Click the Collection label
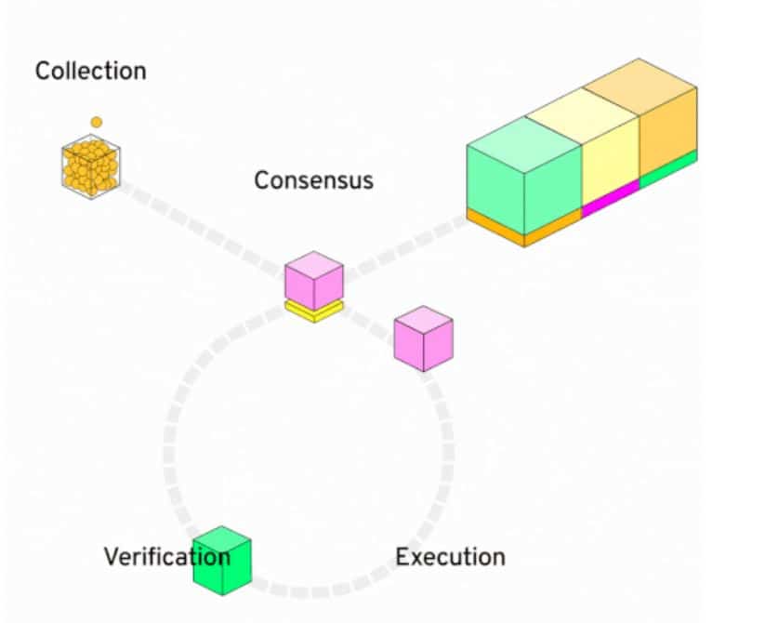[x=90, y=71]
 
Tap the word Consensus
[x=313, y=179]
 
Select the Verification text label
[x=166, y=557]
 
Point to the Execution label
[x=450, y=557]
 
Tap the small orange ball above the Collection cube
[x=96, y=122]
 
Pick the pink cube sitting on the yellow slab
[x=313, y=277]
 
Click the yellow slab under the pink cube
[x=313, y=311]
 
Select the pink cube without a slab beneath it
[x=423, y=338]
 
